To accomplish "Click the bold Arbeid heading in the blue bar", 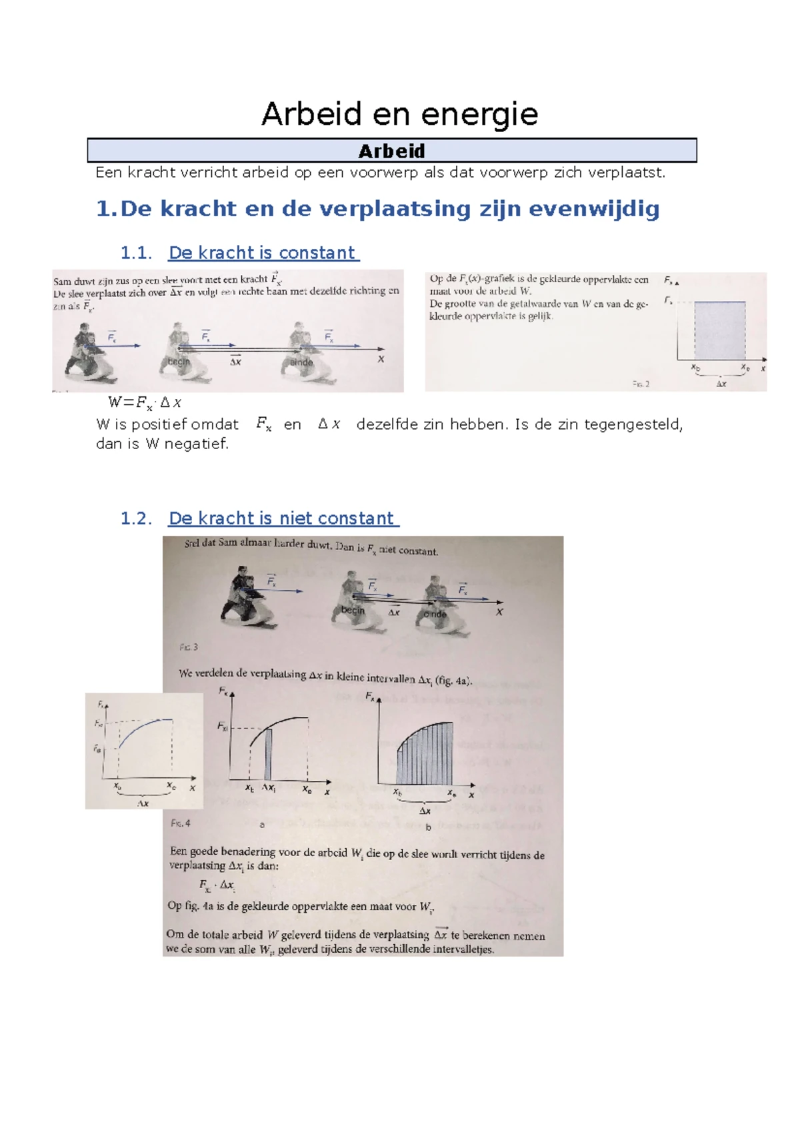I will point(391,151).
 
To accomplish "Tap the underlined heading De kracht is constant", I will point(263,253).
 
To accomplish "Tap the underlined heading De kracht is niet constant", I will point(283,518).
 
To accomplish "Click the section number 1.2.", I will point(136,518).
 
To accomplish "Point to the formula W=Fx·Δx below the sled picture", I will point(145,402).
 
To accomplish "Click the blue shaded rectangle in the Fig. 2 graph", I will point(719,331).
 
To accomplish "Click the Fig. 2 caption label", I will point(641,384).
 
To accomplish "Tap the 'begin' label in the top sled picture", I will point(179,362).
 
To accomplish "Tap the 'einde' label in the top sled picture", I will point(301,362).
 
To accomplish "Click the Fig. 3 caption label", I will point(189,647).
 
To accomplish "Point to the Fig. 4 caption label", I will point(180,823).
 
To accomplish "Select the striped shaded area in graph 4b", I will point(425,757).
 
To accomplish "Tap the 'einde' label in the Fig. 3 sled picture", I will point(435,614).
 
